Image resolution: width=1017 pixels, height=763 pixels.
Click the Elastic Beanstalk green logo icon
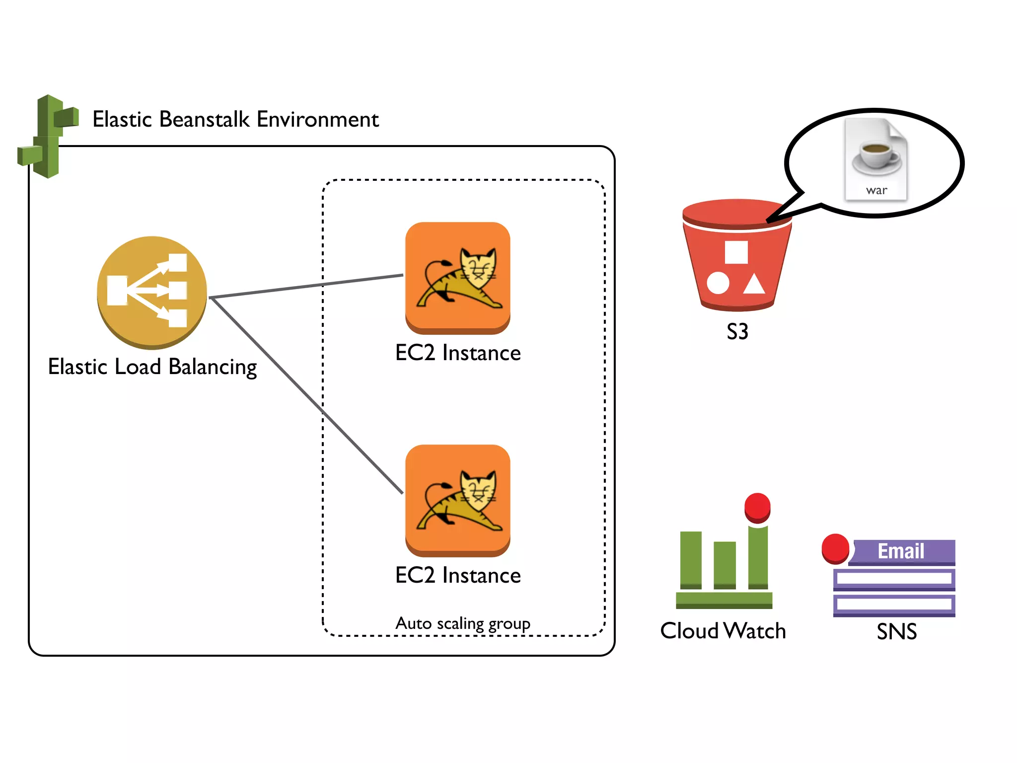click(48, 136)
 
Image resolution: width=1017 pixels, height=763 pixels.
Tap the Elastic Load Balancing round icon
click(151, 292)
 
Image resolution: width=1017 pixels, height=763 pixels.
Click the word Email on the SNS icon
click(901, 551)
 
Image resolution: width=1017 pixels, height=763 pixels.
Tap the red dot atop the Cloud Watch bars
click(757, 507)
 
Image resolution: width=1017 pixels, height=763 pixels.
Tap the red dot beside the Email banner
click(835, 548)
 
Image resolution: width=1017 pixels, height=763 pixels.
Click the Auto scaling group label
click(463, 623)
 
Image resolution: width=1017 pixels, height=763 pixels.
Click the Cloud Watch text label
click(723, 631)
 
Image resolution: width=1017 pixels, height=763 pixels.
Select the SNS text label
click(896, 632)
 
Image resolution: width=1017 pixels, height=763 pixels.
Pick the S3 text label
click(737, 331)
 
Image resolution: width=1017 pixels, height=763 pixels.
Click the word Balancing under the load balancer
click(213, 367)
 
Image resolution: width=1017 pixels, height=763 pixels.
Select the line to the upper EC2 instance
click(308, 286)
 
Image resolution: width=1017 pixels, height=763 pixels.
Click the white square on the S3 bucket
click(736, 252)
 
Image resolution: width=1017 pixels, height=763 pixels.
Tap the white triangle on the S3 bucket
click(754, 284)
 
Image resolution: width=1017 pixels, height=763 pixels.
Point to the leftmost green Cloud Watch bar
click(691, 560)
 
